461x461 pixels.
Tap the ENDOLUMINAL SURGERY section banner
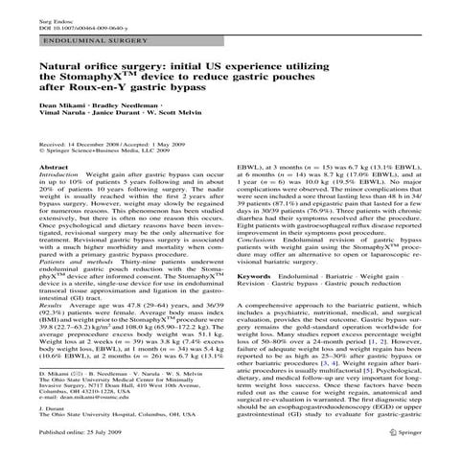[81, 43]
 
